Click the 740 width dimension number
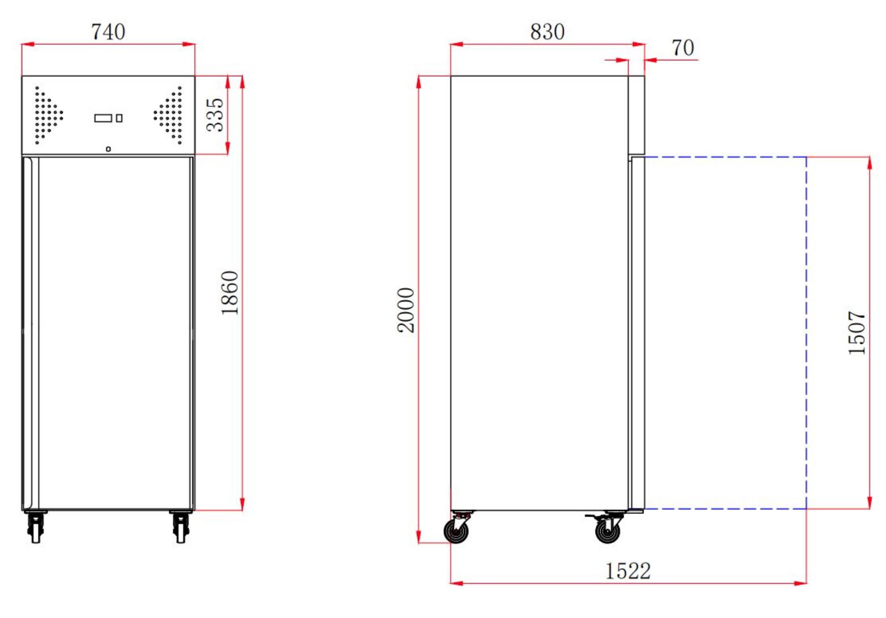(x=108, y=32)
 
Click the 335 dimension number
(x=215, y=115)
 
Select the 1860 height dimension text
(x=230, y=293)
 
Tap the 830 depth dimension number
(x=547, y=32)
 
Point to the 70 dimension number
(x=682, y=48)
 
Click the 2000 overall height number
(x=406, y=310)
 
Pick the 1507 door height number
(x=856, y=332)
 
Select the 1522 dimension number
(x=628, y=571)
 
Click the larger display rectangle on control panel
(x=103, y=118)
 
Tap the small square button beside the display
(x=119, y=118)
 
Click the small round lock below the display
(x=108, y=149)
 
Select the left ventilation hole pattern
(x=48, y=115)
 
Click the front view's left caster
(x=35, y=527)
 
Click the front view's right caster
(x=180, y=527)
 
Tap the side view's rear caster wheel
(x=456, y=530)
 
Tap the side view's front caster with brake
(x=607, y=530)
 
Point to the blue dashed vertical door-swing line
(x=806, y=332)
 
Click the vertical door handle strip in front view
(x=30, y=332)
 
